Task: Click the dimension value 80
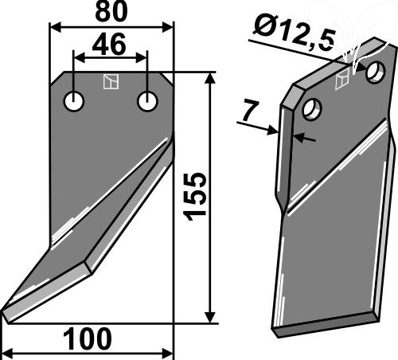click(x=111, y=12)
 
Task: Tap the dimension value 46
click(x=109, y=45)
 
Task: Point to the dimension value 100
click(x=88, y=339)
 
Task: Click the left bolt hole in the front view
click(x=74, y=101)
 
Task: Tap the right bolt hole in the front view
click(x=147, y=101)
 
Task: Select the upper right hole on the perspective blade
click(x=375, y=72)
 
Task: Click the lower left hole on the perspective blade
click(x=312, y=109)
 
